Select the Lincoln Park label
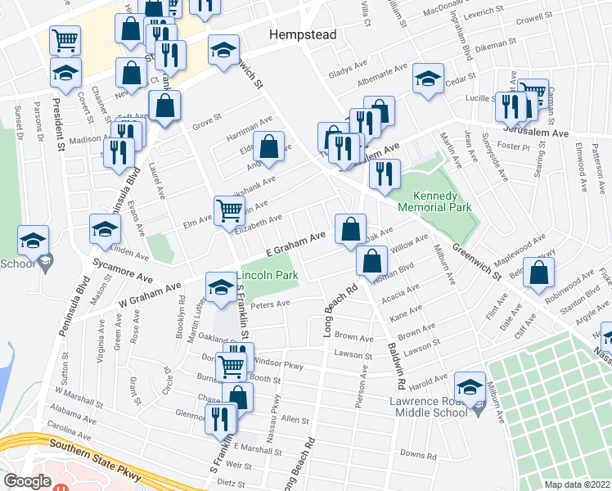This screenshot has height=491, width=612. click(268, 276)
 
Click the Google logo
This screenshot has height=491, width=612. click(27, 480)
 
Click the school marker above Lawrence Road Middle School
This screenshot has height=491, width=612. click(470, 386)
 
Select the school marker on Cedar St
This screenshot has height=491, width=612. click(427, 81)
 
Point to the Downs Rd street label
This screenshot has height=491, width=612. click(417, 454)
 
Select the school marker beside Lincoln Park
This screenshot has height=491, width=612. click(220, 287)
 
